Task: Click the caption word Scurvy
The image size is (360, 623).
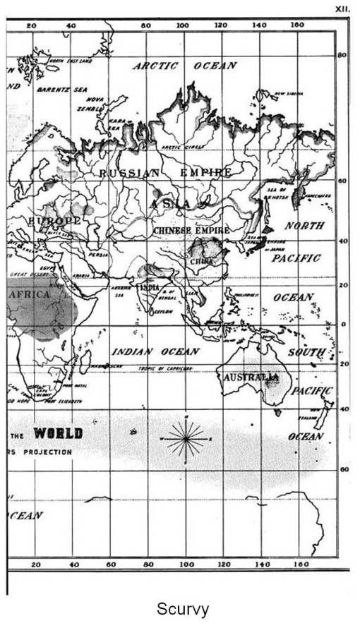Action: [182, 607]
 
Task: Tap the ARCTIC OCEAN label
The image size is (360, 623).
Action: [185, 66]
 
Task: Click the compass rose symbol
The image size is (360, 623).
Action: [186, 440]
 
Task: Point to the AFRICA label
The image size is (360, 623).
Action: [28, 294]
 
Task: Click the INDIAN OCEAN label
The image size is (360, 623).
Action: [155, 351]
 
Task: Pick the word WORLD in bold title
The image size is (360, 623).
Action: [58, 433]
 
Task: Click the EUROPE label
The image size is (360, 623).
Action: [53, 222]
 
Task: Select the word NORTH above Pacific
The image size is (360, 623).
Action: [304, 226]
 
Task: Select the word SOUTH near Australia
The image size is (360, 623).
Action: [306, 352]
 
